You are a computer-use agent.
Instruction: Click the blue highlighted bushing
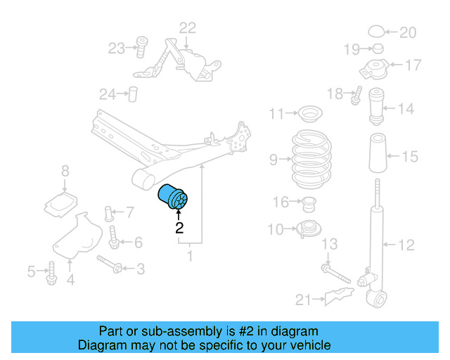pyautogui.click(x=173, y=197)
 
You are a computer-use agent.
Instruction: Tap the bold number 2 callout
pyautogui.click(x=179, y=228)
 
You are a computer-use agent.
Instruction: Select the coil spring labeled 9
pyautogui.click(x=311, y=159)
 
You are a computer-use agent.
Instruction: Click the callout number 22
pyautogui.click(x=188, y=28)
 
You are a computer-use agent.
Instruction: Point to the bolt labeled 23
pyautogui.click(x=141, y=47)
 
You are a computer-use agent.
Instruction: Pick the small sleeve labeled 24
pyautogui.click(x=133, y=94)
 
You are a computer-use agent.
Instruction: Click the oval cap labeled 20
pyautogui.click(x=376, y=31)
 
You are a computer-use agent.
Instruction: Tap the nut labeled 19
pyautogui.click(x=378, y=49)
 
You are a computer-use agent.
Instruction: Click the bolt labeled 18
pyautogui.click(x=356, y=96)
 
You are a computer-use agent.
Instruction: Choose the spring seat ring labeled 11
pyautogui.click(x=310, y=114)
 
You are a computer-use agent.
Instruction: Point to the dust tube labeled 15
pyautogui.click(x=378, y=153)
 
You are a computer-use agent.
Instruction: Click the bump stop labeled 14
pyautogui.click(x=376, y=106)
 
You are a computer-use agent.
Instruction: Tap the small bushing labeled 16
pyautogui.click(x=309, y=204)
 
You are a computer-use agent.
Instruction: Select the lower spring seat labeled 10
pyautogui.click(x=309, y=229)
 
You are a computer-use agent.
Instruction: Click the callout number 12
pyautogui.click(x=406, y=245)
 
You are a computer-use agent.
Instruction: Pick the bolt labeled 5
pyautogui.click(x=51, y=274)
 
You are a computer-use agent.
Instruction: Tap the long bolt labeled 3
pyautogui.click(x=110, y=264)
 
